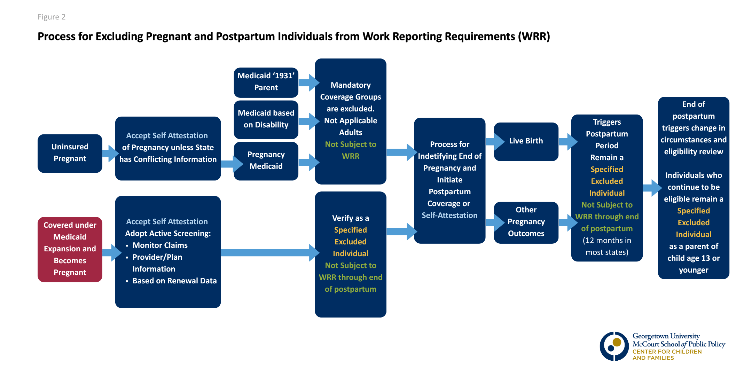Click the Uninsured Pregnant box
pos(70,153)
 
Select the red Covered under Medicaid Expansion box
pos(70,249)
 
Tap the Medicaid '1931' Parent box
pos(266,83)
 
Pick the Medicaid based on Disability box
pos(266,119)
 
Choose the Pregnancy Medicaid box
pos(266,161)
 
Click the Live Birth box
pos(526,141)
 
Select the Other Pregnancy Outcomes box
pos(526,222)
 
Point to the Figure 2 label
pos(52,17)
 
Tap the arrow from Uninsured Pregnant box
pos(110,154)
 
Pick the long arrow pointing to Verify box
pos(270,253)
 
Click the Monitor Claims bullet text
pos(160,245)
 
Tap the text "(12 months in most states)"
pos(607,246)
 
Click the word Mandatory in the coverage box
pos(351,85)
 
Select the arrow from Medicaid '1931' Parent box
pos(309,83)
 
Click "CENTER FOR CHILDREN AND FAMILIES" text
pos(667,355)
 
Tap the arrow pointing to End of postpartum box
pos(652,188)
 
